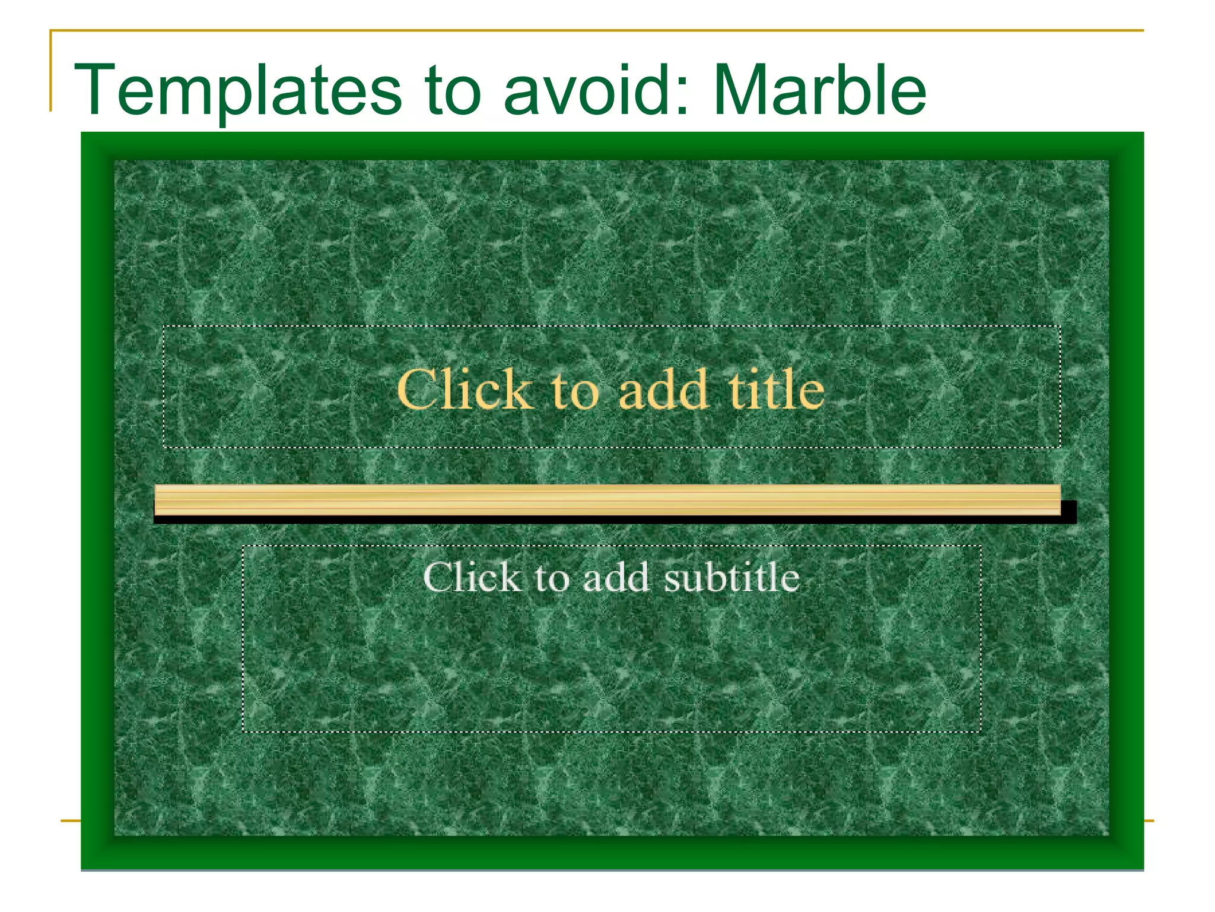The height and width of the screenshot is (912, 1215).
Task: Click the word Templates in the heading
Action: pos(237,90)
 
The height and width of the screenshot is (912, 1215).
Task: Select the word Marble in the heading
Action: pos(819,90)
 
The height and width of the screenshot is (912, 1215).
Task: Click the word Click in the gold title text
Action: pos(465,389)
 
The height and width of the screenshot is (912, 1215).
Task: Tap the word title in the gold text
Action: pos(776,389)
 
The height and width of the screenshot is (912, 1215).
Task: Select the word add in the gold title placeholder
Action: pos(663,389)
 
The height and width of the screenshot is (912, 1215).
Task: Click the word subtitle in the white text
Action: pos(731,577)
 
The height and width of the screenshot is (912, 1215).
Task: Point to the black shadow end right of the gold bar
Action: pos(1069,512)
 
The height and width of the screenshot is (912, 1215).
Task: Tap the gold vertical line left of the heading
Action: pos(50,71)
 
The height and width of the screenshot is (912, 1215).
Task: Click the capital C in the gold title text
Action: pos(416,389)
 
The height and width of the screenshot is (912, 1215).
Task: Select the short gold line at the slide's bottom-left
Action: pos(70,821)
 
